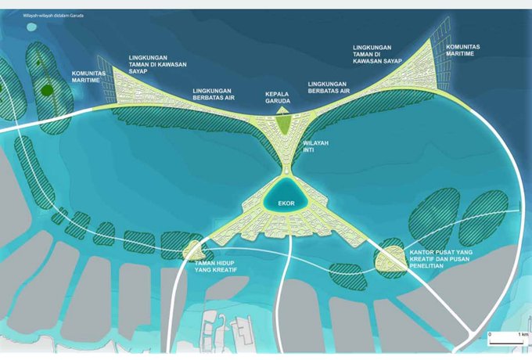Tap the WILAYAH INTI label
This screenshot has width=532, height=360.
click(315, 147)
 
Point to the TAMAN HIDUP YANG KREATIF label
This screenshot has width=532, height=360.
click(215, 268)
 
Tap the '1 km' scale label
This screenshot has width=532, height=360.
click(522, 334)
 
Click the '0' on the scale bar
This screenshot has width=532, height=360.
click(489, 334)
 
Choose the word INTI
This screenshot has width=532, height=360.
click(311, 151)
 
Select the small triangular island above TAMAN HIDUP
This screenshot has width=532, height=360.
click(192, 250)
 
